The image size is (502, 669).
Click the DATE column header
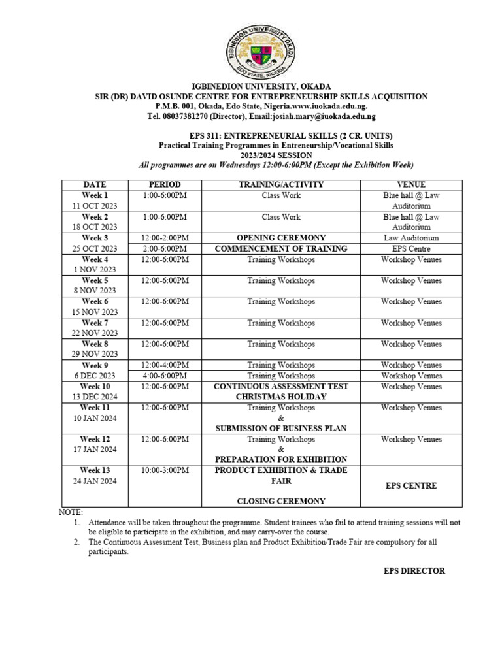click(x=95, y=185)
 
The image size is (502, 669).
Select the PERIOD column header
click(x=165, y=185)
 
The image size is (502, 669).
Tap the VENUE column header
click(x=411, y=185)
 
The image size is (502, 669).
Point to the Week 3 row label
click(x=95, y=238)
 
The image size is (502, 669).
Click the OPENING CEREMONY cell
click(x=281, y=238)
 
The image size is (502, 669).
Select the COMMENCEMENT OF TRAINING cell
click(x=281, y=249)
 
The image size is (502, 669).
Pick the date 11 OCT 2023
click(x=95, y=206)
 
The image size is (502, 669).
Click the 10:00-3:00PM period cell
click(x=165, y=470)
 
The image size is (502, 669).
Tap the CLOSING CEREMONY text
click(x=281, y=501)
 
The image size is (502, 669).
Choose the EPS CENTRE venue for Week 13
click(x=411, y=486)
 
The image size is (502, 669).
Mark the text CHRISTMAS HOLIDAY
click(x=281, y=397)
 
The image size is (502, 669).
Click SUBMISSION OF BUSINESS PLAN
click(x=281, y=428)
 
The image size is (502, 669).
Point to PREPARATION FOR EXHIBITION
click(x=281, y=459)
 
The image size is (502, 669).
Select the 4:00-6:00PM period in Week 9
click(x=165, y=376)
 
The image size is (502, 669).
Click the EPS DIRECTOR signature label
click(x=414, y=571)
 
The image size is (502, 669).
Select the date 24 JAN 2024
click(x=95, y=481)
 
